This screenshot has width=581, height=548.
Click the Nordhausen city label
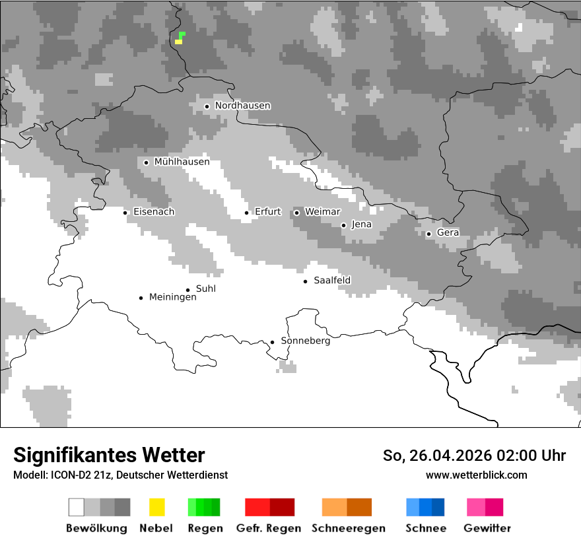[x=242, y=106]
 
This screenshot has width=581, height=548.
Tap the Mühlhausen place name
[x=182, y=162]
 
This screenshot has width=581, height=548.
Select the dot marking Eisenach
[x=125, y=212]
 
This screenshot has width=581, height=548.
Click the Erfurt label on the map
[x=267, y=212]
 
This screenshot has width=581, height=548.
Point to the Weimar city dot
[x=296, y=212]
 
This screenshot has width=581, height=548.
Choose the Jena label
[x=361, y=224]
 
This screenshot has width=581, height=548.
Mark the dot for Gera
[x=428, y=233]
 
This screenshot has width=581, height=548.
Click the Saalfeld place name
[x=332, y=281]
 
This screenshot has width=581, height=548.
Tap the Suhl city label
[x=205, y=289]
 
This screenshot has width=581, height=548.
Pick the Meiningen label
[x=172, y=297]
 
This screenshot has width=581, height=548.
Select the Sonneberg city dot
[x=272, y=342]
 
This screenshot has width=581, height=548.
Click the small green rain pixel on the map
[x=182, y=34]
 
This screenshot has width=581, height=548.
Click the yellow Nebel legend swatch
[x=156, y=507]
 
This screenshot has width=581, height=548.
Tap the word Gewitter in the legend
[x=487, y=528]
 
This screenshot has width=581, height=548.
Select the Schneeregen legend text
[x=349, y=528]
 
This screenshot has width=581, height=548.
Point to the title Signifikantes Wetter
[x=109, y=455]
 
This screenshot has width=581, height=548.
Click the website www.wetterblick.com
[x=476, y=475]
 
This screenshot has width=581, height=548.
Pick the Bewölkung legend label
[x=96, y=528]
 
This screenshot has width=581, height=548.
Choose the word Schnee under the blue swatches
[x=425, y=528]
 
